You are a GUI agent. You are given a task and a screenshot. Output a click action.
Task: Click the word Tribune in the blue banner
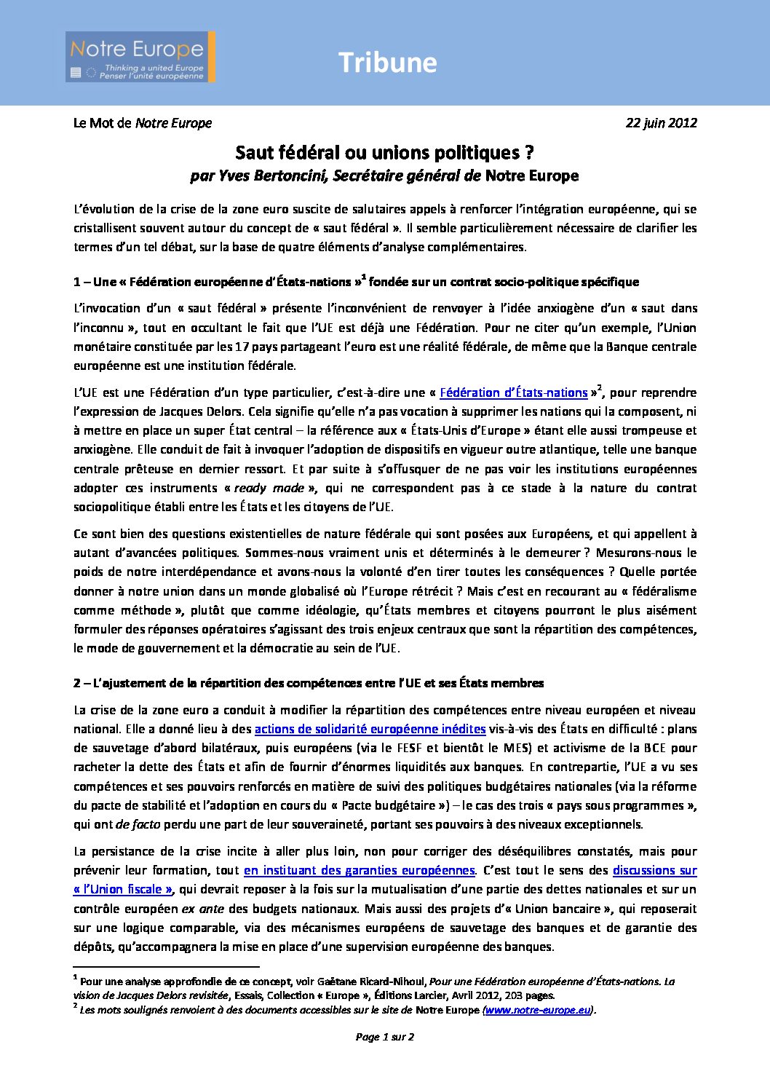(387, 63)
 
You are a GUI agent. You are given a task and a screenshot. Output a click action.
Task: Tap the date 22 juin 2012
(661, 123)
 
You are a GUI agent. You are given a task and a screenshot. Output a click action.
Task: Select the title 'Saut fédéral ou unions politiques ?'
(384, 153)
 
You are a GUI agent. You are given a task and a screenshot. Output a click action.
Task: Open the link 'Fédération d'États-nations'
(513, 393)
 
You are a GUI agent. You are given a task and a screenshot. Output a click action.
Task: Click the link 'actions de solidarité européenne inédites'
(370, 729)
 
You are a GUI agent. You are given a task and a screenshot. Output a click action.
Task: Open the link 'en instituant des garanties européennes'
(359, 870)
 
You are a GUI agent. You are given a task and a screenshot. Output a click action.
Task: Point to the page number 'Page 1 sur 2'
(384, 1037)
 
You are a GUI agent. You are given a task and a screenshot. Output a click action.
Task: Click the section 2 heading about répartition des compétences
(309, 683)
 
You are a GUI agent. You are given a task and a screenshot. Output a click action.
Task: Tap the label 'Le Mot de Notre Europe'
(143, 123)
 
